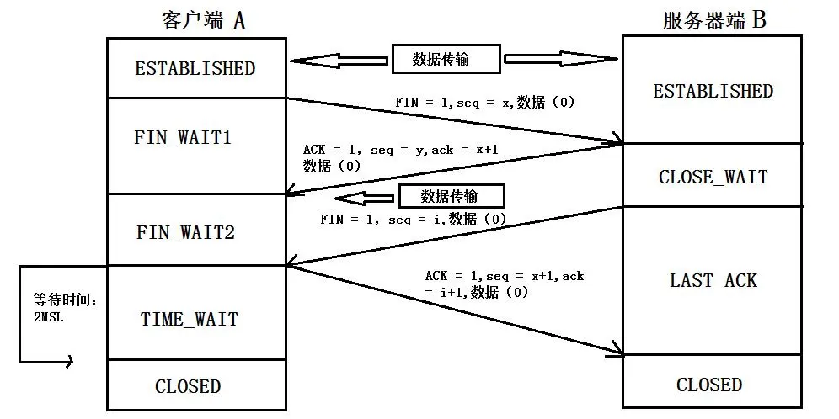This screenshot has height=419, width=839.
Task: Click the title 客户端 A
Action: pos(203,21)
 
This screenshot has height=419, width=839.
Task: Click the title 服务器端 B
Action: pos(713,20)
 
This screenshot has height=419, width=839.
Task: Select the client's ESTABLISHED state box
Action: pos(195,68)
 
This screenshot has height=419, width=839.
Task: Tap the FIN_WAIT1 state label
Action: pos(183,137)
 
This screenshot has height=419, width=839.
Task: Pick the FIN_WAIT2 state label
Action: pos(185,232)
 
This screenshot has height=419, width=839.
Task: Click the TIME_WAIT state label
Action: pos(189,320)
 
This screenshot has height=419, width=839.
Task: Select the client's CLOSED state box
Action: pos(188,386)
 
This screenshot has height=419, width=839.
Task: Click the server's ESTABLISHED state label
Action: pos(713,91)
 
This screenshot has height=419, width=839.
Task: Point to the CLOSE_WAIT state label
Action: pos(713,177)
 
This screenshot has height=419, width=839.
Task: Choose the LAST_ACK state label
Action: pos(713,280)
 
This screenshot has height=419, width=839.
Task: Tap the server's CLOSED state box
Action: pos(709,385)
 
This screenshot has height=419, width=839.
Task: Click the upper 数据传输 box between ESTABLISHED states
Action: pos(446,59)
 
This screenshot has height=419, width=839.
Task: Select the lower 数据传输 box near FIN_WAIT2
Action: pos(451,197)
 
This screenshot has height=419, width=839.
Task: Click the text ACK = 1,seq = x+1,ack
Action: pos(504,276)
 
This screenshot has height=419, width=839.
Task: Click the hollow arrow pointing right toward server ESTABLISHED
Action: pos(560,59)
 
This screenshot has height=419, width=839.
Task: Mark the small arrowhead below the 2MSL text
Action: pos(67,362)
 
